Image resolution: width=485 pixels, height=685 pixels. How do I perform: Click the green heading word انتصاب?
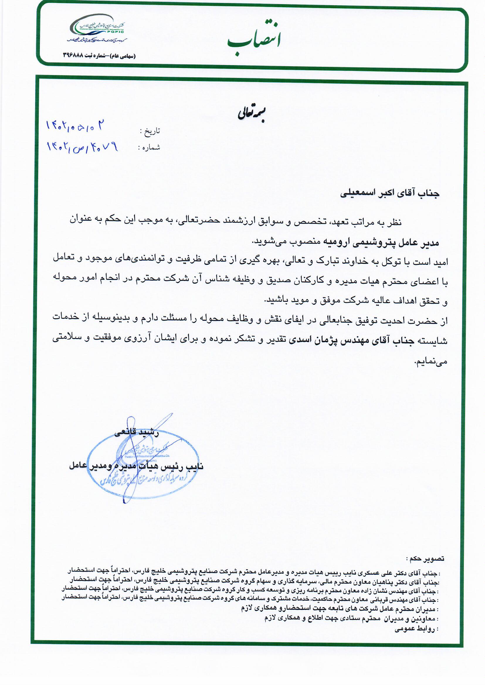tap(254, 39)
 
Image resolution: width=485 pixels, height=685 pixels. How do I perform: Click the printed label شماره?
tap(150, 147)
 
